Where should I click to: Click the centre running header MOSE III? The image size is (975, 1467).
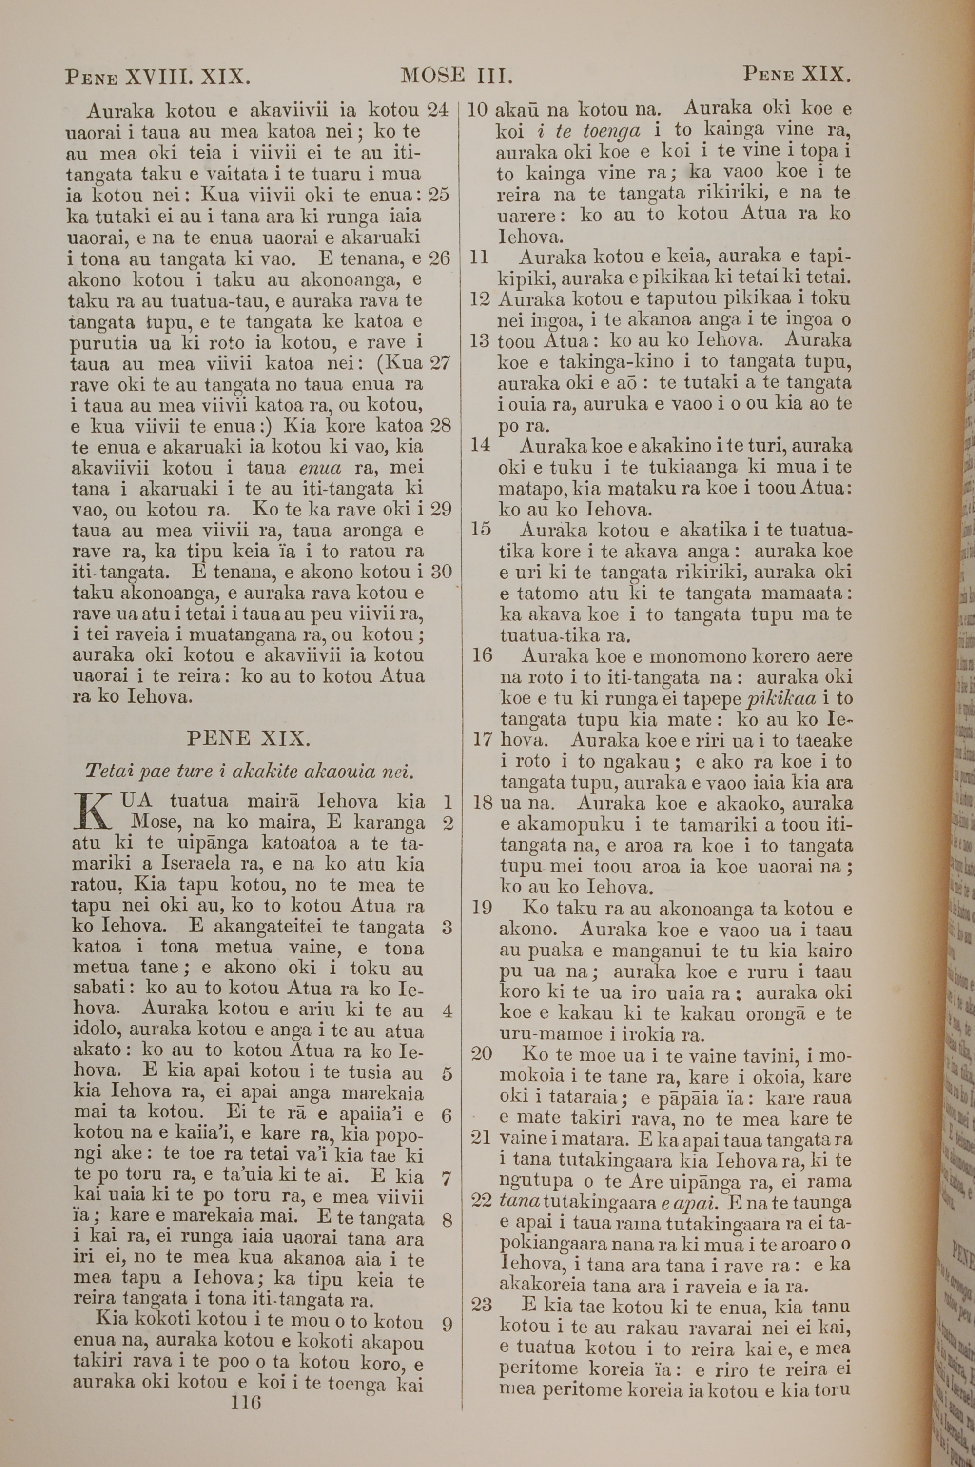pyautogui.click(x=457, y=76)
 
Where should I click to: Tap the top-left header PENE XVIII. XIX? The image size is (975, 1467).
pyautogui.click(x=158, y=77)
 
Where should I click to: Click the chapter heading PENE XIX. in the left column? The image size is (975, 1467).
pyautogui.click(x=248, y=739)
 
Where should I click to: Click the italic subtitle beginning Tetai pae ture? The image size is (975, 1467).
pyautogui.click(x=249, y=772)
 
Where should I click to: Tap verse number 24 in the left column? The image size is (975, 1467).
pyautogui.click(x=438, y=110)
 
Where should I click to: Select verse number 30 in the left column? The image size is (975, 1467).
pyautogui.click(x=440, y=571)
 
